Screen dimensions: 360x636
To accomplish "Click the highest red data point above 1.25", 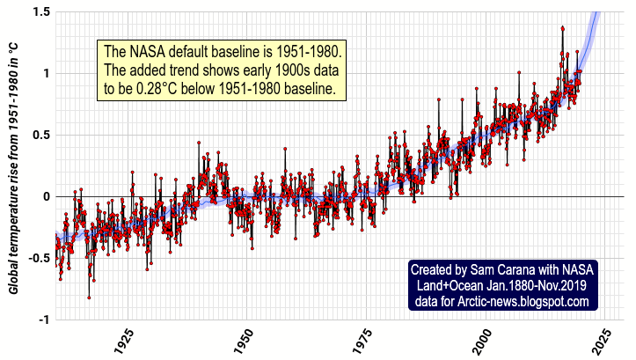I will tap(562, 28).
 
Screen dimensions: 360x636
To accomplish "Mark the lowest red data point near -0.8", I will tap(89, 298).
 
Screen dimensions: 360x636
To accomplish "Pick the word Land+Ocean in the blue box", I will tap(449, 286).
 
